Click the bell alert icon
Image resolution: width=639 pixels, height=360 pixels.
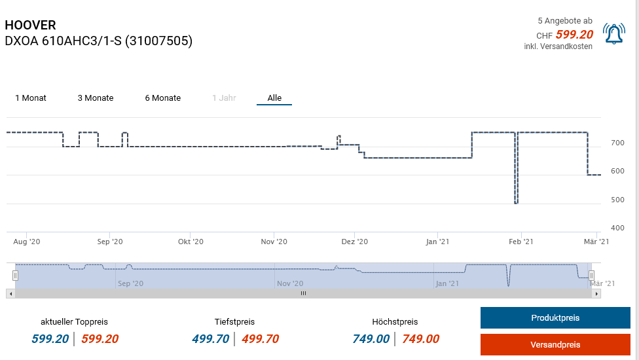point(613,34)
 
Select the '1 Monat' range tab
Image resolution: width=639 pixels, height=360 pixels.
point(31,98)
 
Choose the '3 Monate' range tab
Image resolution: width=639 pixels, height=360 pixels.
point(96,98)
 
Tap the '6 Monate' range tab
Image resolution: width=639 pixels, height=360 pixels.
point(163,98)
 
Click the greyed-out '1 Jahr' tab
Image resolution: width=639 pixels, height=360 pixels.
point(224,98)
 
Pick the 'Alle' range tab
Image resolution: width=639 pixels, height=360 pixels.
point(274,98)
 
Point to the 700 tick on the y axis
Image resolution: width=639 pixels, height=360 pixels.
point(617,143)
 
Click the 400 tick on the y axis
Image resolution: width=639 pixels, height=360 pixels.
point(617,228)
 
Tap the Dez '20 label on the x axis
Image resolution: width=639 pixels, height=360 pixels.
point(354,242)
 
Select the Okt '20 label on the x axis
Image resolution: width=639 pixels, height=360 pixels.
point(191,242)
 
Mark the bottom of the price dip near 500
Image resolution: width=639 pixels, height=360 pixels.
point(517,203)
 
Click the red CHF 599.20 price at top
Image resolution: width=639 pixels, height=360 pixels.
point(574,35)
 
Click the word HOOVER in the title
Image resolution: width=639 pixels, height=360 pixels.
point(30,26)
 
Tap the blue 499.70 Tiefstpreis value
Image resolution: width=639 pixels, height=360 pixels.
point(210,339)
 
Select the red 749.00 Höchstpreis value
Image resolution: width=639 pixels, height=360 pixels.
point(420,339)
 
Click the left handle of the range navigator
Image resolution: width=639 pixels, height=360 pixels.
point(16,276)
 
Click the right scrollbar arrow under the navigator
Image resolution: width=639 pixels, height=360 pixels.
point(596,294)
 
